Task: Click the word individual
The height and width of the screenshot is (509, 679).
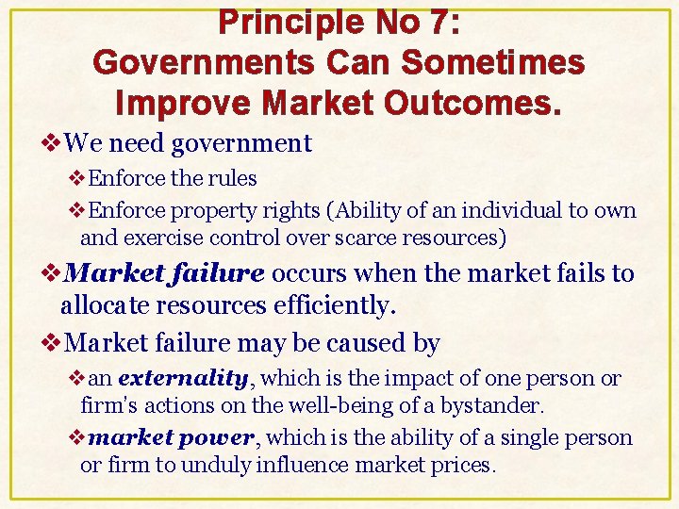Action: tap(509, 209)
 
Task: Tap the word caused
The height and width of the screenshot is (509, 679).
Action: tap(347, 343)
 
